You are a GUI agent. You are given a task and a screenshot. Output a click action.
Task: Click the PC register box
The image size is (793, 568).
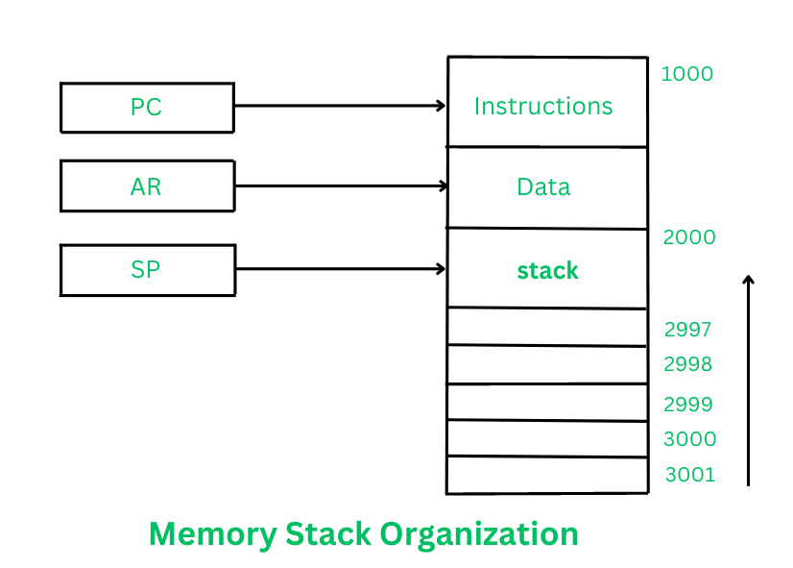click(x=146, y=107)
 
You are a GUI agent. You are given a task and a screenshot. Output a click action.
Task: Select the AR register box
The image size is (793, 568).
click(x=147, y=186)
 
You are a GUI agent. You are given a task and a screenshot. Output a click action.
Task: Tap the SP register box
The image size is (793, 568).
click(x=147, y=270)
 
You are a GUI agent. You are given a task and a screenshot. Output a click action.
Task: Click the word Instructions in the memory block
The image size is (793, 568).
click(x=543, y=106)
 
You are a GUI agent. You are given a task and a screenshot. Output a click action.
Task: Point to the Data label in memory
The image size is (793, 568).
click(x=543, y=186)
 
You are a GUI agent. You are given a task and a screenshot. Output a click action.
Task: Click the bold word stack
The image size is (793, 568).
click(x=547, y=271)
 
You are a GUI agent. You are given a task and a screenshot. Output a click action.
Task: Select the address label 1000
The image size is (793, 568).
click(x=687, y=74)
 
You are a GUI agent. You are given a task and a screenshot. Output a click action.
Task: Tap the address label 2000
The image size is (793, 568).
click(x=689, y=237)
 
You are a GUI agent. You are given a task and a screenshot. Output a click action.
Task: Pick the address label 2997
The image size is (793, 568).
click(x=687, y=330)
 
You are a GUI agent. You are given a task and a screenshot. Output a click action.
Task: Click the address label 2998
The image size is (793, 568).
click(x=687, y=364)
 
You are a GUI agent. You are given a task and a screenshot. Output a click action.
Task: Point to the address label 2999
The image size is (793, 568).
click(x=687, y=405)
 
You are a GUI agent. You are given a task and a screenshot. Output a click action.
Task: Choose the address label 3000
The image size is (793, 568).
click(x=689, y=439)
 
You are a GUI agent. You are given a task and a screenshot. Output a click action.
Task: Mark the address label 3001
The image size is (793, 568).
click(x=689, y=475)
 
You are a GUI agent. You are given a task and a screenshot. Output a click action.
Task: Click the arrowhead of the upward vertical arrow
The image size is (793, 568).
click(x=749, y=281)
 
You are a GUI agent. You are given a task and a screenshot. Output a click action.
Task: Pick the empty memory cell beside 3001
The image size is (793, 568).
click(x=546, y=476)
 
